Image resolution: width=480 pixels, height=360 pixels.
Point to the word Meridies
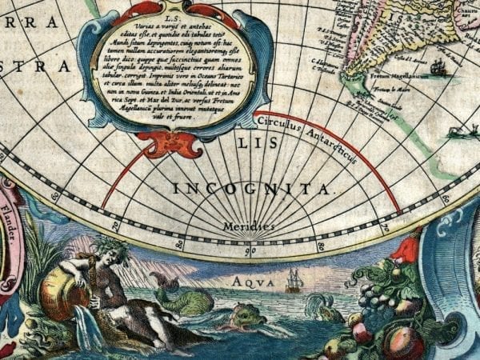pyautogui.click(x=249, y=226)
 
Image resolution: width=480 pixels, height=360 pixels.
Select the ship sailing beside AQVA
pyautogui.click(x=294, y=279)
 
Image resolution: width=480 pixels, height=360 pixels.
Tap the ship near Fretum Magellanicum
pyautogui.click(x=438, y=68)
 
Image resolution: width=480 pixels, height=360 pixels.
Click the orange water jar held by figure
pyautogui.click(x=58, y=287)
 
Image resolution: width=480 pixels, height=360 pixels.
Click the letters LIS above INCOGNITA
pyautogui.click(x=250, y=144)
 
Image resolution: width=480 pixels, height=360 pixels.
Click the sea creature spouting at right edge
pyautogui.click(x=457, y=132)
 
